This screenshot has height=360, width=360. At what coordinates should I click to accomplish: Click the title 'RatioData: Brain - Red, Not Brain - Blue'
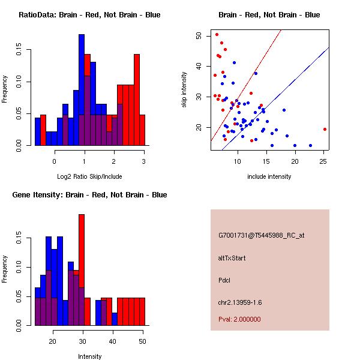tap(89, 14)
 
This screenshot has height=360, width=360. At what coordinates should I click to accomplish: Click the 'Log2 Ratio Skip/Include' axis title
tap(89, 176)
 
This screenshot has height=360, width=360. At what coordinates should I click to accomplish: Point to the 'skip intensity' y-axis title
tap(184, 90)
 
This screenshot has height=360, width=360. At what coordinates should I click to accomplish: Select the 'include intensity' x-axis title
tap(269, 176)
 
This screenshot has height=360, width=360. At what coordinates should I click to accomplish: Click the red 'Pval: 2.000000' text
tap(243, 320)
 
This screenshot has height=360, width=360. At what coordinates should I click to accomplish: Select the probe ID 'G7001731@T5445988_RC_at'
tap(262, 235)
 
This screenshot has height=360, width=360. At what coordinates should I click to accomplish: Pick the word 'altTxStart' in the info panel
tap(232, 258)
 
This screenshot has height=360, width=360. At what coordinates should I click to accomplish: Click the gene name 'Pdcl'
tap(224, 280)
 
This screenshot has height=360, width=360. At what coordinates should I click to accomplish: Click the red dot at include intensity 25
tap(325, 129)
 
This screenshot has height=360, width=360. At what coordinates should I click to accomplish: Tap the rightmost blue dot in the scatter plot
tap(310, 145)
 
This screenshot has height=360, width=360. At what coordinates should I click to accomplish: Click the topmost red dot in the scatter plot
tap(217, 35)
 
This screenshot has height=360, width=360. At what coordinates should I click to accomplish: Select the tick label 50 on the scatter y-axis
tap(199, 35)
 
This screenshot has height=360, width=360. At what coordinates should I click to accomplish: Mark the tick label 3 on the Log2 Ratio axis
tap(143, 161)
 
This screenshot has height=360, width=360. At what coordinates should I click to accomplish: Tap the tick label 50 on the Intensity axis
tap(142, 341)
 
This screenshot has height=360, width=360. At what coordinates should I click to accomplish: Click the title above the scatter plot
tap(269, 14)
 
